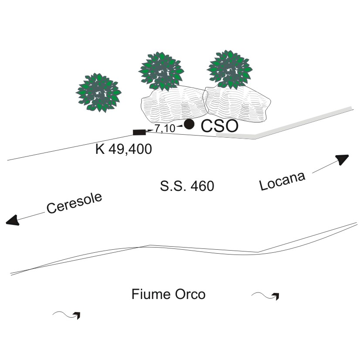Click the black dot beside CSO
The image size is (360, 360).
[189, 124]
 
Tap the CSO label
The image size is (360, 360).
[219, 126]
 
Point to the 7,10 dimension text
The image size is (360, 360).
[164, 129]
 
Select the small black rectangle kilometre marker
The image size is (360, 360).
[139, 132]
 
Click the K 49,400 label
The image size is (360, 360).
[123, 149]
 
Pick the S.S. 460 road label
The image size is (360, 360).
[187, 187]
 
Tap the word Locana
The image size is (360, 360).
[282, 180]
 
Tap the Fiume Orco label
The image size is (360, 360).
[168, 295]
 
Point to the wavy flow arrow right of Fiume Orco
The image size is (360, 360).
[266, 296]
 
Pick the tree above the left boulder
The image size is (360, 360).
[162, 71]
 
